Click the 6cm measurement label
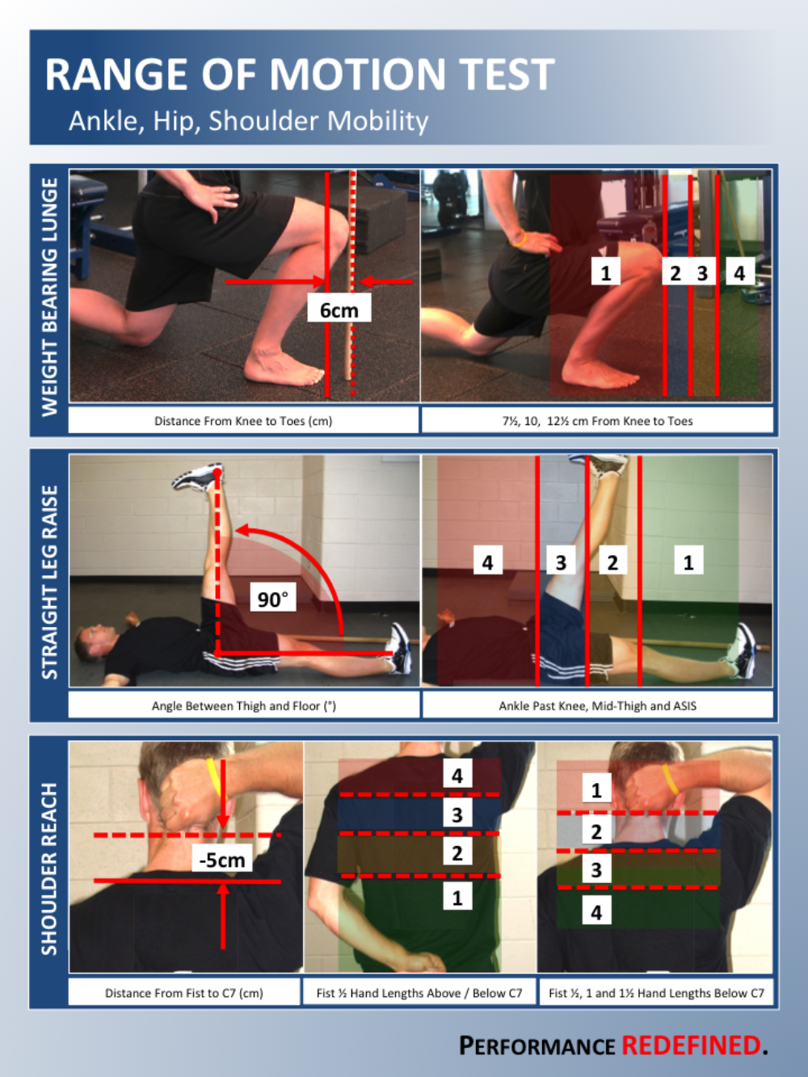[x=339, y=309]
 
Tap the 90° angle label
[x=273, y=598]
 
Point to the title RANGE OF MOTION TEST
[x=300, y=74]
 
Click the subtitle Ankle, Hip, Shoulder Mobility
[x=249, y=120]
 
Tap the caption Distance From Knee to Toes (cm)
[x=243, y=420]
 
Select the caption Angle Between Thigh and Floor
[x=244, y=705]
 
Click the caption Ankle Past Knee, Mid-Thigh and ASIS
[x=598, y=705]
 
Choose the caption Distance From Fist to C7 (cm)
[x=184, y=993]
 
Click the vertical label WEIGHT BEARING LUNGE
[x=49, y=297]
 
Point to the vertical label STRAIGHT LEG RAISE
[x=49, y=582]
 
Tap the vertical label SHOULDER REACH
[x=49, y=869]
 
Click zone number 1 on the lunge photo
[x=606, y=271]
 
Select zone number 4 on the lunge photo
[x=739, y=271]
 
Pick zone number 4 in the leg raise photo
[x=488, y=561]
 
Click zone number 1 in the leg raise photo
[x=688, y=561]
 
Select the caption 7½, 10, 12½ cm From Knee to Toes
[x=598, y=420]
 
